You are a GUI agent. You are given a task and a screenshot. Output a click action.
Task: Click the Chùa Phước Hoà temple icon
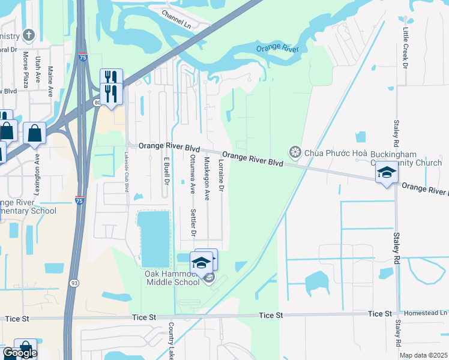tap(295, 152)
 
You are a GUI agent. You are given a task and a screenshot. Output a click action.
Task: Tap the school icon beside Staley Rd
tap(387, 173)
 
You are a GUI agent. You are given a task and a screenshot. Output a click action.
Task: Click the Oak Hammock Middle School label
tap(172, 278)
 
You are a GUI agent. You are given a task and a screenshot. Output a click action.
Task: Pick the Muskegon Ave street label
tap(206, 178)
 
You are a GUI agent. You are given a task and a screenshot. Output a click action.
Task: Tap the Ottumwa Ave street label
tap(192, 174)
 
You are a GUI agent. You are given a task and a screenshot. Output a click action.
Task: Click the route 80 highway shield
tap(97, 103)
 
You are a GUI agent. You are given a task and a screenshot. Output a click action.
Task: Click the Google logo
tap(20, 353)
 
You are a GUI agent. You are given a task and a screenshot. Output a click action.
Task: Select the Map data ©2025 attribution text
tap(423, 355)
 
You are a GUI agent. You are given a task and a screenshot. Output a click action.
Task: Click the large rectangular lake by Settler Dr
tap(154, 238)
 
